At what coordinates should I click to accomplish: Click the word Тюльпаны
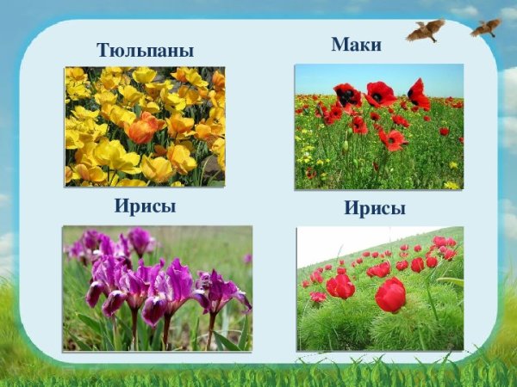point(146,51)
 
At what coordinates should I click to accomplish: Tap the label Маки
point(356,45)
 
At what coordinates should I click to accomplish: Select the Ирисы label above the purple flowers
point(146,206)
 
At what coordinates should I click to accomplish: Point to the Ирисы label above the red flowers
point(375,209)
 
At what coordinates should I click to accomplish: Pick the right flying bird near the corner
point(486,28)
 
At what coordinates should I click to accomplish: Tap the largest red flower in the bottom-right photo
point(391,295)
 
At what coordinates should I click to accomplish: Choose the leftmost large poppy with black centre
point(347,95)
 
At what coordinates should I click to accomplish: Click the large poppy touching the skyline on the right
point(419,93)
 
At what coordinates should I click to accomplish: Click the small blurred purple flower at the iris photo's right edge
point(247,258)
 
